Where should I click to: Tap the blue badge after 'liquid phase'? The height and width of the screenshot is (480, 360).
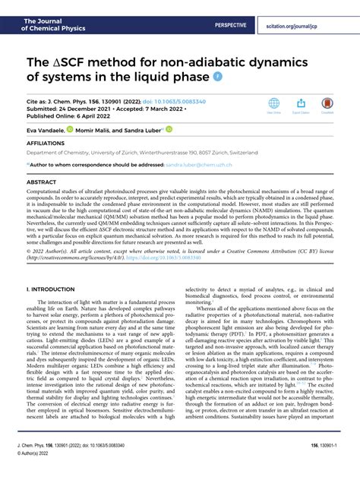tap(219, 77)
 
